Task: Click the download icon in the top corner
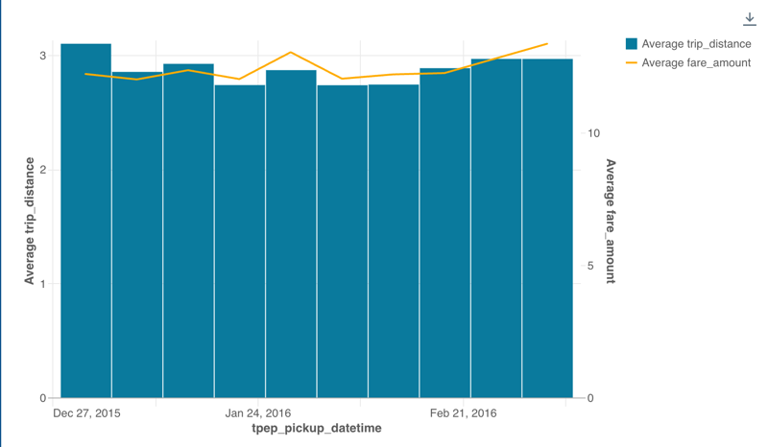click(x=750, y=19)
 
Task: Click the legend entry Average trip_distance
click(x=696, y=44)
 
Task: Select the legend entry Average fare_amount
click(x=696, y=63)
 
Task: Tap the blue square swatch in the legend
click(x=632, y=44)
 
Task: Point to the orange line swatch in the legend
click(x=632, y=63)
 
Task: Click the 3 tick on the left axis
click(x=42, y=56)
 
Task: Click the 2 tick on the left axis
click(x=42, y=170)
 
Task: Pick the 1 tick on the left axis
click(x=42, y=284)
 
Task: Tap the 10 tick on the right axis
click(x=594, y=133)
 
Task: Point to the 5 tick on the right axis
click(x=591, y=266)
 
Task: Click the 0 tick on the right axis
click(x=591, y=398)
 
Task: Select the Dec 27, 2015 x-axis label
click(x=87, y=414)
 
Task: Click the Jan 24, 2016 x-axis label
click(x=258, y=414)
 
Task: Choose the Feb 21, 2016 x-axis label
click(x=464, y=414)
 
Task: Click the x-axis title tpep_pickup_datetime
click(x=316, y=429)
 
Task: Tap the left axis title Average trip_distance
click(x=30, y=221)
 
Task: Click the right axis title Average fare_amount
click(x=611, y=222)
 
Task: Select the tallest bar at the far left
click(x=86, y=221)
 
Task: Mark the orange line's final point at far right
click(x=547, y=44)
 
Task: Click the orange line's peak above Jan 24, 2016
click(x=291, y=53)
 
